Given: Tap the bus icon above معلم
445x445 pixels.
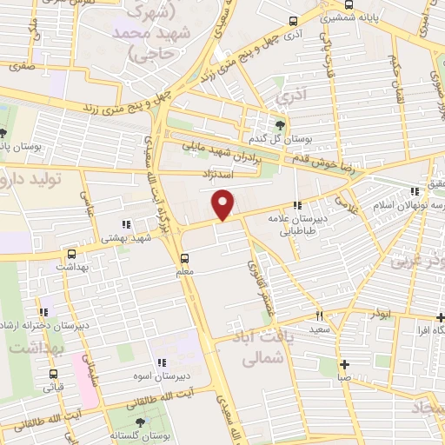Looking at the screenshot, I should tap(183, 257).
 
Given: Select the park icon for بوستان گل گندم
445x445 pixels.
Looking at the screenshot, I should tap(280, 125).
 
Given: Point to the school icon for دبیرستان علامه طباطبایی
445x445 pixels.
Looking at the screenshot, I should tap(298, 206).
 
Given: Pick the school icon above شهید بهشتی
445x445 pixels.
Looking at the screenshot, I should tap(129, 223).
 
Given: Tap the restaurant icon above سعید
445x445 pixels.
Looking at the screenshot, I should tap(319, 316).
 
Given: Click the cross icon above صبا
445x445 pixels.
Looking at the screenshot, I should tap(344, 364).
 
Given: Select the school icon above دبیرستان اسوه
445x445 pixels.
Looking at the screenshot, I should tap(160, 362).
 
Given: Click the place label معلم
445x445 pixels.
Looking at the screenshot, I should tap(185, 272).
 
